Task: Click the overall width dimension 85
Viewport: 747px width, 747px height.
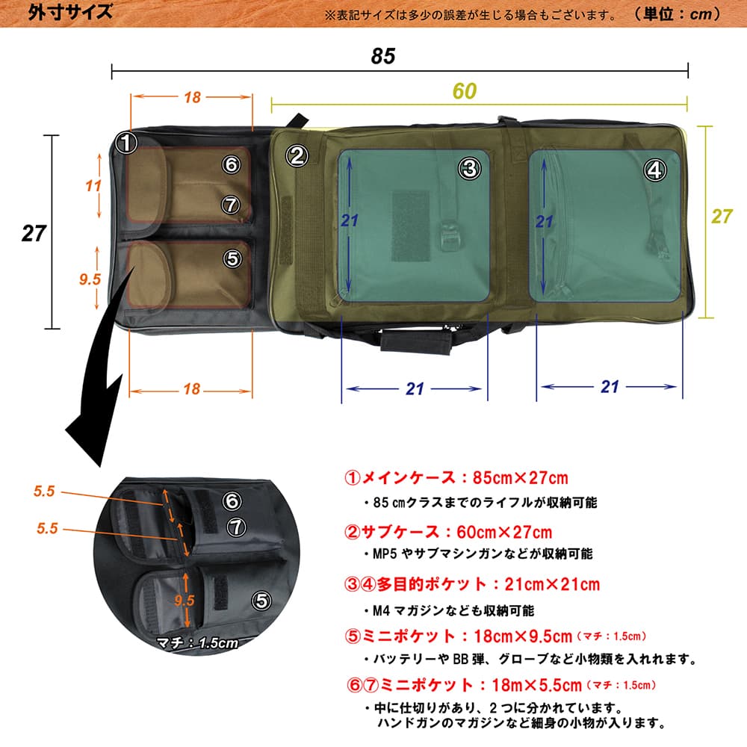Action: click(x=382, y=56)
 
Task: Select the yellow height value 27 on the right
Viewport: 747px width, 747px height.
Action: click(x=722, y=217)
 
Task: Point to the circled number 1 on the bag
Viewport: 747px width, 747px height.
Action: click(x=128, y=142)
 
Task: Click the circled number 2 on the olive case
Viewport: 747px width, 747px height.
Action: click(x=297, y=155)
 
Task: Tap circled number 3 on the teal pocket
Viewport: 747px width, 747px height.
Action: click(x=469, y=169)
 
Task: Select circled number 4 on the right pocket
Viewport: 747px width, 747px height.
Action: click(x=654, y=170)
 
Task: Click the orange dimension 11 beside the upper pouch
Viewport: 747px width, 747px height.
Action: click(x=93, y=186)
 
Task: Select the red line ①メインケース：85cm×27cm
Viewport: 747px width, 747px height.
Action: click(x=455, y=478)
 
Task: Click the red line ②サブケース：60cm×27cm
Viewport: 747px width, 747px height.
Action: click(x=448, y=532)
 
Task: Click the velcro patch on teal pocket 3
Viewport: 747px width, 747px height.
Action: click(x=410, y=225)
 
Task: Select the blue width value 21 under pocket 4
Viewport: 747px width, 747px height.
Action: click(x=610, y=386)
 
